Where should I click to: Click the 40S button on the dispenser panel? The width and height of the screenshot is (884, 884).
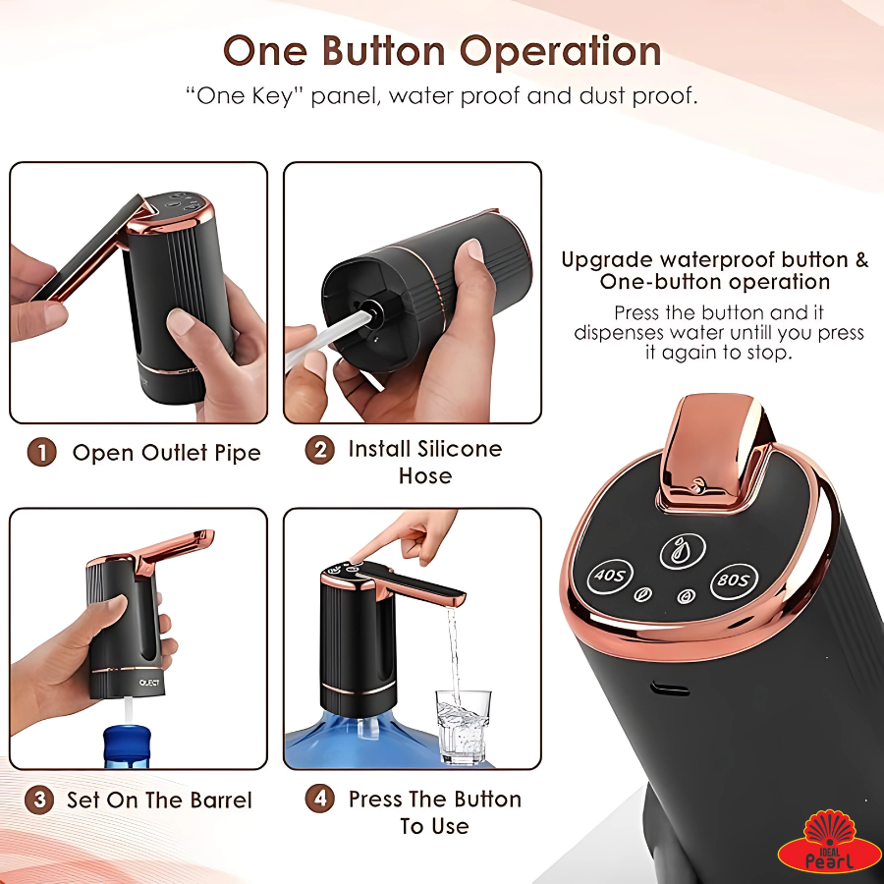click(x=609, y=576)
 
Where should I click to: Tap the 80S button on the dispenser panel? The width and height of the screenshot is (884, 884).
click(x=734, y=580)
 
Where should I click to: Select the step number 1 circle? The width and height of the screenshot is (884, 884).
click(x=41, y=453)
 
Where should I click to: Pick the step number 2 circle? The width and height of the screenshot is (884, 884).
click(x=319, y=449)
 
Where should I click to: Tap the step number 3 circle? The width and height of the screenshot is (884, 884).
click(x=39, y=800)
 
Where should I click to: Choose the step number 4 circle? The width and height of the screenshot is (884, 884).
click(x=319, y=799)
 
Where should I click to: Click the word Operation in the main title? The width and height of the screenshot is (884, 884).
click(x=561, y=52)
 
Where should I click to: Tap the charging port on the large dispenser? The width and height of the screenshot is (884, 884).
click(x=670, y=689)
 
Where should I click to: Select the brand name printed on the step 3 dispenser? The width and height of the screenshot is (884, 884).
click(x=149, y=683)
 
